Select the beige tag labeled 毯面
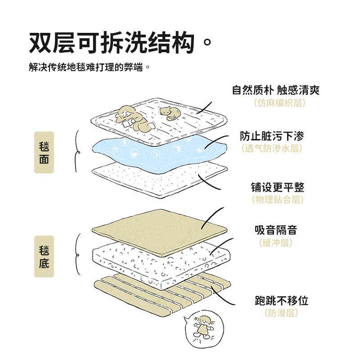click(44, 153)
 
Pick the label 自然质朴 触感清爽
click(275, 90)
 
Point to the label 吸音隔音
click(275, 230)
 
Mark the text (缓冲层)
click(275, 243)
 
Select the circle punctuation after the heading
click(207, 44)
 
